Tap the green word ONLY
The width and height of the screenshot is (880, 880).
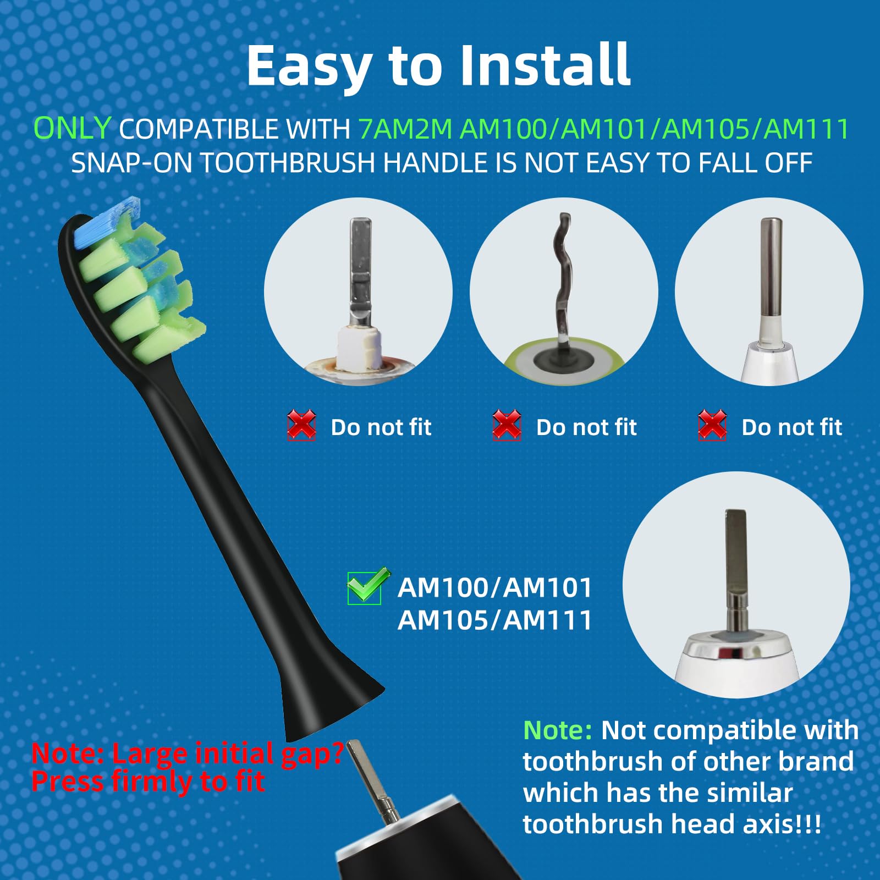point(73,129)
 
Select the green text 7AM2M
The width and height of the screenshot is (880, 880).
point(405,129)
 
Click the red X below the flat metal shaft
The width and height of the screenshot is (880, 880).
point(301,425)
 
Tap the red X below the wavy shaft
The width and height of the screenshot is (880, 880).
point(507,425)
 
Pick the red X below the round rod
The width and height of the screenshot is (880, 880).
point(712,425)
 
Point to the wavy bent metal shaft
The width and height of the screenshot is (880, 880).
point(563,278)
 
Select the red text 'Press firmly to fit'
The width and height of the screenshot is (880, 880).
point(148,782)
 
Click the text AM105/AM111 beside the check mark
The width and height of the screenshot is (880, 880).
point(494,620)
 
